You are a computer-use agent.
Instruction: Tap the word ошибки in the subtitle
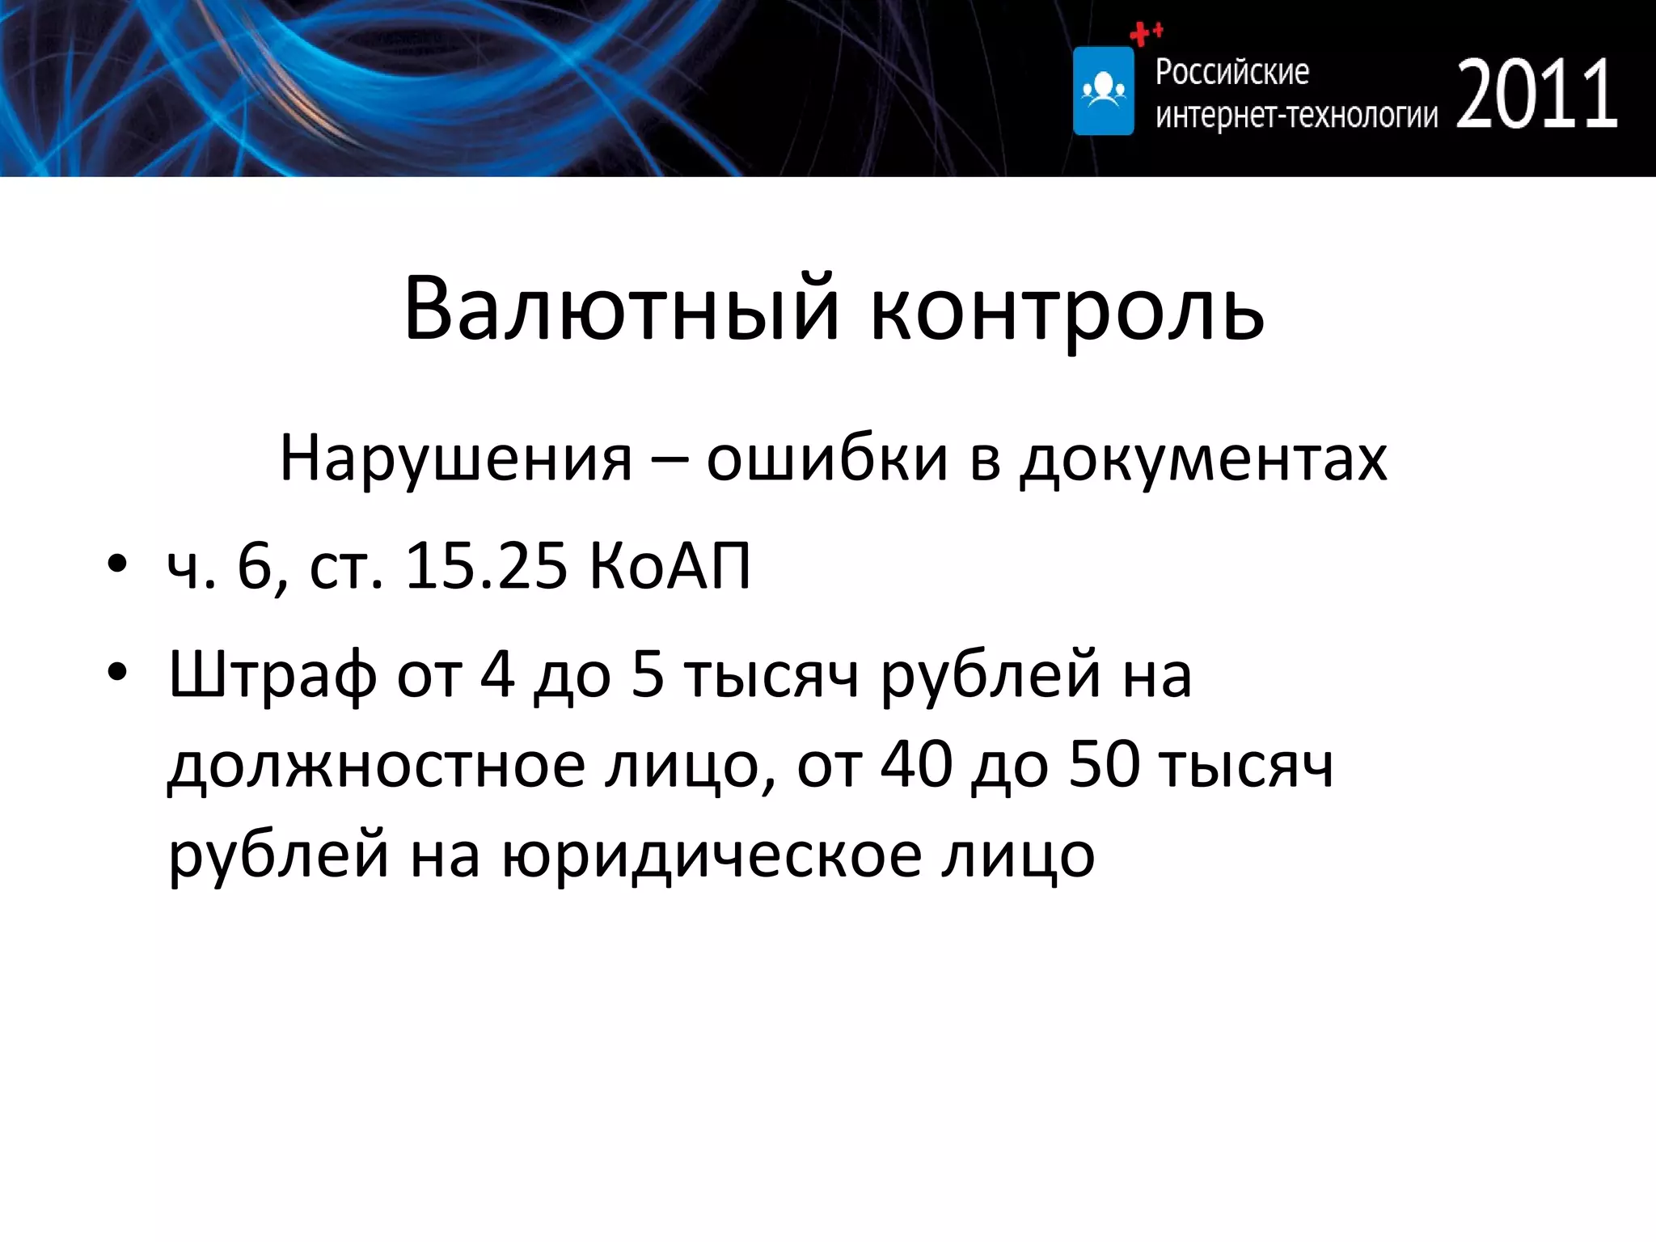pyautogui.click(x=826, y=458)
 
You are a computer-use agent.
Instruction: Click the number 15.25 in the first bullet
pyautogui.click(x=486, y=565)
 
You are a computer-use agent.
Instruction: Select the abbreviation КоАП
pyautogui.click(x=670, y=565)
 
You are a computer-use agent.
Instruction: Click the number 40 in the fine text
pyautogui.click(x=916, y=765)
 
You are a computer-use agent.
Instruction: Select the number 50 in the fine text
pyautogui.click(x=1104, y=765)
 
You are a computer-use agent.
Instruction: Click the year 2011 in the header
pyautogui.click(x=1536, y=95)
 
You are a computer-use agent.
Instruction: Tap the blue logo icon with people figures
pyautogui.click(x=1103, y=91)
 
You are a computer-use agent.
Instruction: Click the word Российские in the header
pyautogui.click(x=1231, y=72)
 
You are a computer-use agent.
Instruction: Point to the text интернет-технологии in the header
pyautogui.click(x=1296, y=116)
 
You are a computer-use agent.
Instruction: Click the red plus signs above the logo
pyautogui.click(x=1145, y=33)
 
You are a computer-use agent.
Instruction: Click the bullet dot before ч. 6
pyautogui.click(x=117, y=564)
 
